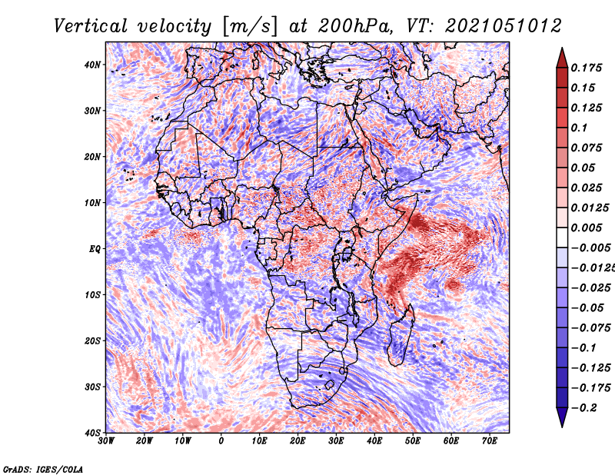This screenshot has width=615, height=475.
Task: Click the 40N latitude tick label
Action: [92, 65]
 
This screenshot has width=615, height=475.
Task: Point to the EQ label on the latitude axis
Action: [95, 249]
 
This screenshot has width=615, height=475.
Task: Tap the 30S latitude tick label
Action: [92, 387]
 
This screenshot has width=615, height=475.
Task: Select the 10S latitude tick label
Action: [92, 294]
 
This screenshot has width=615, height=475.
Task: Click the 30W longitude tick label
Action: [106, 441]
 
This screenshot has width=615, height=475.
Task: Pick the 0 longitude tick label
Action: [221, 441]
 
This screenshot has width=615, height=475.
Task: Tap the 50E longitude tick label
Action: [413, 441]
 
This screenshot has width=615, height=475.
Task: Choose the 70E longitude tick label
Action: [490, 441]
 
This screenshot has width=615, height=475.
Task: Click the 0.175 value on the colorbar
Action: [587, 68]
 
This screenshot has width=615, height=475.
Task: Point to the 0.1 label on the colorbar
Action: [580, 128]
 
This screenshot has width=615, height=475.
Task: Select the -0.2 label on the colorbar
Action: [584, 408]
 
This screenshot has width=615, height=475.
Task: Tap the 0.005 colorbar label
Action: [587, 228]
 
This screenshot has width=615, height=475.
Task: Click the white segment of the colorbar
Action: [562, 237]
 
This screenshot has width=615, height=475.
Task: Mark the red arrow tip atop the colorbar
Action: [562, 48]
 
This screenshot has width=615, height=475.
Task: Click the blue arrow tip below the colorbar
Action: [562, 427]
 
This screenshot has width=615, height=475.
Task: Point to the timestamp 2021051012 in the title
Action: [504, 26]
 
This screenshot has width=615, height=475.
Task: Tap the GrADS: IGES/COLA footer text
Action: [43, 469]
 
